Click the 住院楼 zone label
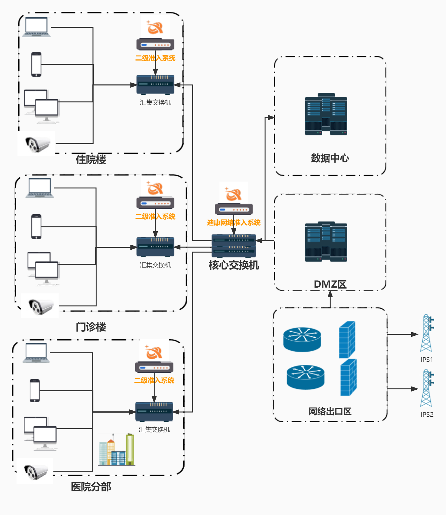(x=91, y=159)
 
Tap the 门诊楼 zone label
(x=91, y=327)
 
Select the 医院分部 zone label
(x=91, y=487)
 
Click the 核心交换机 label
(x=234, y=265)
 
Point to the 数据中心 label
(x=330, y=158)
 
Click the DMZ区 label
(x=330, y=284)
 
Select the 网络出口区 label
(x=330, y=411)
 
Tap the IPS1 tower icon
(x=426, y=333)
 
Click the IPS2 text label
(x=427, y=415)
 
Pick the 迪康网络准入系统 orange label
(x=234, y=223)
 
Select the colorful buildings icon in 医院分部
(x=116, y=450)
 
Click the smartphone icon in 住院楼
(x=36, y=64)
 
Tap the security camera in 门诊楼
(x=40, y=306)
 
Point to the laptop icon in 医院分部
(x=36, y=353)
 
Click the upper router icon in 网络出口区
(x=302, y=339)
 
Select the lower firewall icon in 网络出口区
(x=348, y=378)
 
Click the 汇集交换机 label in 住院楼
(x=155, y=102)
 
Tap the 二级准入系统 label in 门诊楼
(x=155, y=217)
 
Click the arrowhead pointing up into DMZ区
(x=330, y=294)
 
